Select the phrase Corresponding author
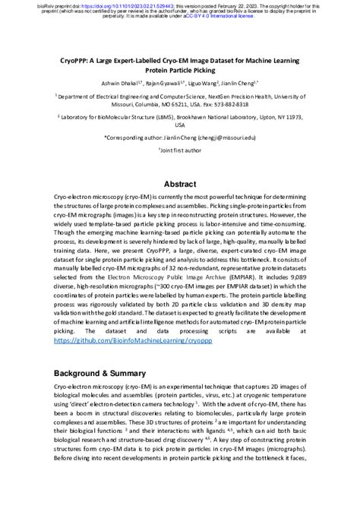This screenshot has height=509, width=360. point(144,136)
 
